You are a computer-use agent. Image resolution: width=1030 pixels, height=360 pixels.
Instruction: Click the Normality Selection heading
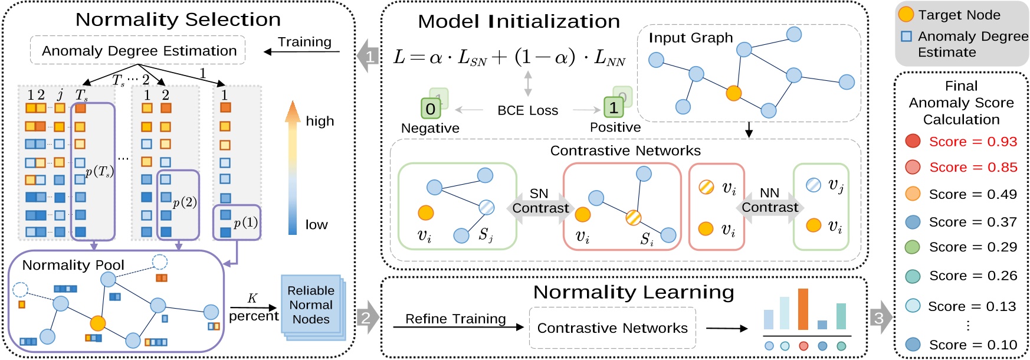click(x=178, y=19)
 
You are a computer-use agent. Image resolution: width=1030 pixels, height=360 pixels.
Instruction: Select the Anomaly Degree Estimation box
click(x=139, y=51)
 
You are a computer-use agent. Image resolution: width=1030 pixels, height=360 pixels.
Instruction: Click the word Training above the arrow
click(x=304, y=42)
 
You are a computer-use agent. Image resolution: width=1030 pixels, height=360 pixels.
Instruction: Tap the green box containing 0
click(x=431, y=109)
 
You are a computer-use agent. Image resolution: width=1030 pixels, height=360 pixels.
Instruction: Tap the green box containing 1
click(x=614, y=107)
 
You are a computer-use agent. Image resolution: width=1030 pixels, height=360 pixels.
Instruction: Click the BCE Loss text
click(x=527, y=110)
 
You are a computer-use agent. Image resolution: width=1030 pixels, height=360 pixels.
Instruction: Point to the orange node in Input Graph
click(x=733, y=93)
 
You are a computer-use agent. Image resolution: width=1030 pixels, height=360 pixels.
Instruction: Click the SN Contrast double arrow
click(x=540, y=202)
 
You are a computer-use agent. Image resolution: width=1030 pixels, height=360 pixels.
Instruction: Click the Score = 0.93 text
click(x=973, y=142)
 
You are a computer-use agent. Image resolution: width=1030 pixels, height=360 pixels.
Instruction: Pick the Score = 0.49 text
click(x=973, y=194)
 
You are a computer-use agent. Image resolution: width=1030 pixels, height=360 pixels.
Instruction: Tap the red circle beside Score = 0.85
click(x=913, y=167)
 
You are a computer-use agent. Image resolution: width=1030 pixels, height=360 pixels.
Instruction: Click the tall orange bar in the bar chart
click(x=802, y=309)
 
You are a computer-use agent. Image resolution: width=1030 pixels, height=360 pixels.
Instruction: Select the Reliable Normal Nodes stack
click(x=311, y=305)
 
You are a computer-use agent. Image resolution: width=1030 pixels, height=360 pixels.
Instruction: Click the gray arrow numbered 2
click(x=368, y=318)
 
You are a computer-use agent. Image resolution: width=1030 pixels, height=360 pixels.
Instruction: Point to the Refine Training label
click(x=455, y=319)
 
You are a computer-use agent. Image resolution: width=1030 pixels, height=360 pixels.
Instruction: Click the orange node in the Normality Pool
click(x=98, y=323)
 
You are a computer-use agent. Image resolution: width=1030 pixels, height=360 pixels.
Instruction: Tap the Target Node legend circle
click(x=906, y=14)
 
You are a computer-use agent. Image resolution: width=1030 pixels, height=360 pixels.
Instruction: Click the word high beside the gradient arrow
click(x=320, y=122)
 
